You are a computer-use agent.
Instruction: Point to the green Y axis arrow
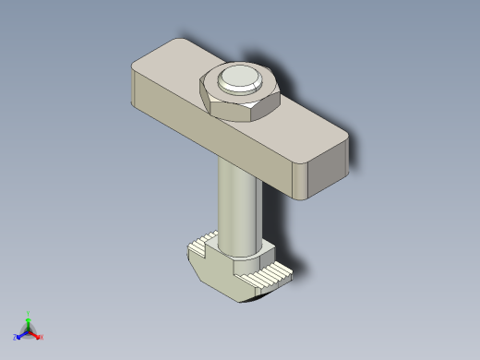[x=29, y=318]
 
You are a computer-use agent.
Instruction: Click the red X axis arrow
[x=36, y=334]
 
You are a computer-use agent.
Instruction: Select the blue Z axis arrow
[x=21, y=335]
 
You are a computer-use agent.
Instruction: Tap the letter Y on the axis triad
[x=29, y=312]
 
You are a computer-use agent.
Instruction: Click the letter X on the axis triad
[x=42, y=337]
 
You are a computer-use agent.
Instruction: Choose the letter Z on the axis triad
[x=16, y=337]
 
